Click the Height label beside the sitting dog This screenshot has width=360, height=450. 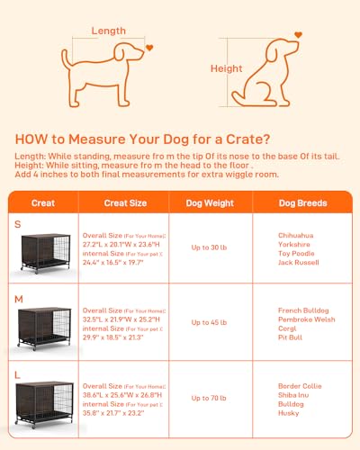pyautogui.click(x=226, y=68)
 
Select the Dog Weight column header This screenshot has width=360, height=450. pyautogui.click(x=210, y=202)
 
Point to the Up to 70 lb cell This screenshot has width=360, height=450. pyautogui.click(x=210, y=396)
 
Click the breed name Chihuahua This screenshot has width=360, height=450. pyautogui.click(x=298, y=234)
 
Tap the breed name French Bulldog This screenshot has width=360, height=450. pyautogui.click(x=300, y=310)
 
